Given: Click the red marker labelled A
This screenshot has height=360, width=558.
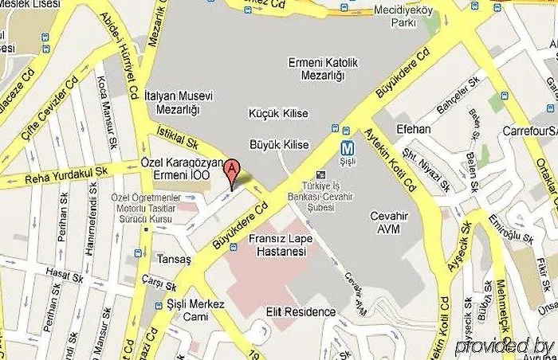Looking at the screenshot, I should click(x=231, y=170).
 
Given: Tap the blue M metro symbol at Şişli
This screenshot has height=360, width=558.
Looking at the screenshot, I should click(x=347, y=148).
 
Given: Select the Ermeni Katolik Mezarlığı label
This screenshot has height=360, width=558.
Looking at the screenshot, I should click(x=319, y=68).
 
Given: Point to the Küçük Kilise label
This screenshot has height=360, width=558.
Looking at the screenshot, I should click(x=280, y=113).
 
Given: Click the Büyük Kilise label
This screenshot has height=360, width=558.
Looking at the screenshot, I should click(x=279, y=144).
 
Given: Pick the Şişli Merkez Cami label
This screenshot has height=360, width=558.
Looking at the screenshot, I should click(x=196, y=310).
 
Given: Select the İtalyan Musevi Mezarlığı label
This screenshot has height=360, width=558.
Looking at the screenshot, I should click(x=179, y=102).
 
